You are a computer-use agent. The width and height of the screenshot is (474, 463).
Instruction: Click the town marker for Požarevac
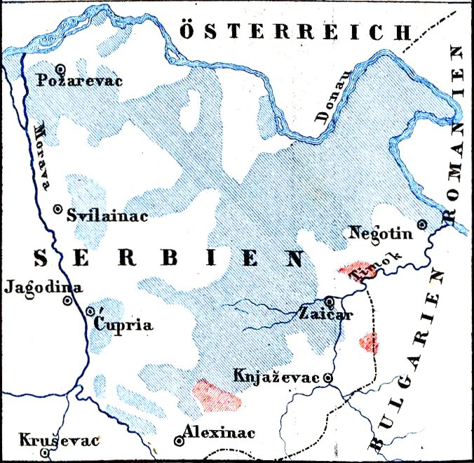pyautogui.click(x=61, y=69)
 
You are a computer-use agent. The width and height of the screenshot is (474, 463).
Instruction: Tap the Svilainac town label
pyautogui.click(x=107, y=216)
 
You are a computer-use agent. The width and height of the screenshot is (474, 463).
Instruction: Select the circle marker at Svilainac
pyautogui.click(x=58, y=209)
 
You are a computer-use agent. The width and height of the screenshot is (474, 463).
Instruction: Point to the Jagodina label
pyautogui.click(x=43, y=286)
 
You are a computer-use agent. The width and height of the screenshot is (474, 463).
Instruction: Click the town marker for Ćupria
pyautogui.click(x=90, y=311)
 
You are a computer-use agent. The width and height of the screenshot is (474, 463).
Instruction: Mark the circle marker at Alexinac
pyautogui.click(x=179, y=441)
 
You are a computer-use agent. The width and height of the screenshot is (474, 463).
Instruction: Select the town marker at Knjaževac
pyautogui.click(x=327, y=378)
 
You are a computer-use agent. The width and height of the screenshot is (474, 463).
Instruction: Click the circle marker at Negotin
pyautogui.click(x=421, y=224)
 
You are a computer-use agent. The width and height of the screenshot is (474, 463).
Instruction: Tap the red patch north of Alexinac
pyautogui.click(x=217, y=395)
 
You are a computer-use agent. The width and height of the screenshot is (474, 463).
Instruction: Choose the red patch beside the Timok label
pyautogui.click(x=354, y=271)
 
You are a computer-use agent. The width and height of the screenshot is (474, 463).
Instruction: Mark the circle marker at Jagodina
pyautogui.click(x=67, y=301)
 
